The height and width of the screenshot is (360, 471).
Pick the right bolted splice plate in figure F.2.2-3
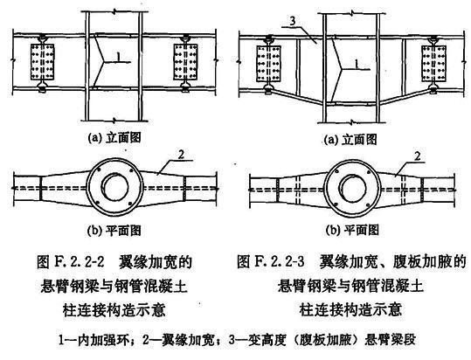[419, 66]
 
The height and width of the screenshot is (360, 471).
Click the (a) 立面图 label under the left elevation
[116, 138]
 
